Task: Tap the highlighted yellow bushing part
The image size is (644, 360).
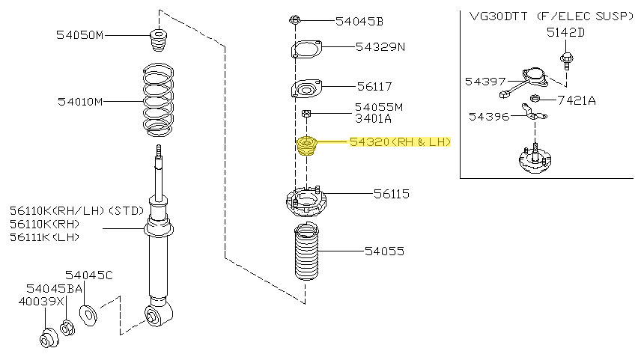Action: click(x=307, y=145)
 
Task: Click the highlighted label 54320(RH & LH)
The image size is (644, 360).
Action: click(x=400, y=141)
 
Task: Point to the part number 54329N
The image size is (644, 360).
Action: click(x=380, y=47)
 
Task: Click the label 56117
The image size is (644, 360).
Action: click(x=374, y=87)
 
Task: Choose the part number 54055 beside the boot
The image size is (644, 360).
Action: click(x=384, y=251)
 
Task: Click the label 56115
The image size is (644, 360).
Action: click(x=392, y=194)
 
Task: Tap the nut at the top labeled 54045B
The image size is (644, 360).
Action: click(x=294, y=20)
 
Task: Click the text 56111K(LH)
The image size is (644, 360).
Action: click(x=44, y=237)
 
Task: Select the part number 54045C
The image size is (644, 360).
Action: click(x=88, y=275)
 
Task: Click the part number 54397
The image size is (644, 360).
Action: click(x=484, y=80)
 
